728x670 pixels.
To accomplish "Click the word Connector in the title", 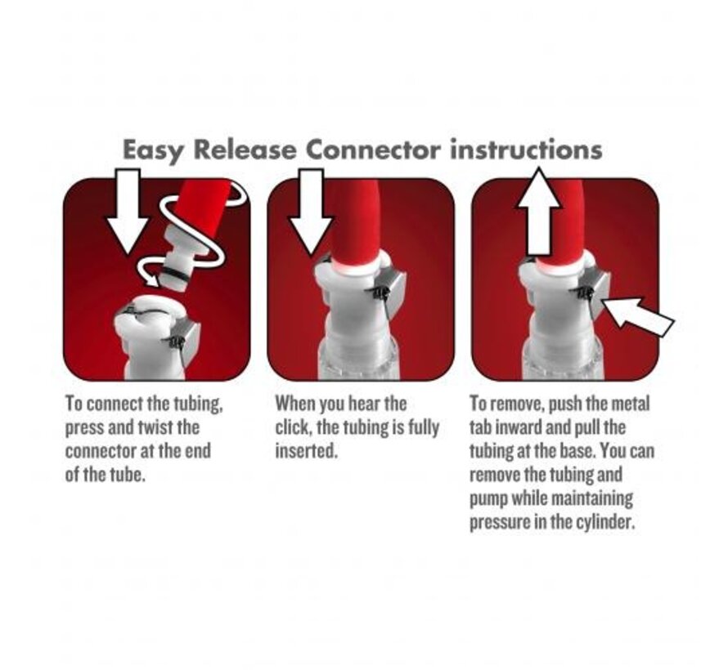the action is [x=373, y=150].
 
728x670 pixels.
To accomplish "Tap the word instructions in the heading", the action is [x=526, y=150].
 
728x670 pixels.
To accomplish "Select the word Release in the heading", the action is [x=245, y=150].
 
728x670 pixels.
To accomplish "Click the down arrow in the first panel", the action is [x=128, y=211].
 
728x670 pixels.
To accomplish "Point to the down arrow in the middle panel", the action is [x=311, y=211].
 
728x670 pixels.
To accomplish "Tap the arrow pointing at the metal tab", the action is [x=637, y=315].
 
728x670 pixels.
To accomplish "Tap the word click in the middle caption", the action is [x=293, y=427].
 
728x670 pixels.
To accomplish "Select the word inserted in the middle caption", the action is [x=305, y=451].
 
